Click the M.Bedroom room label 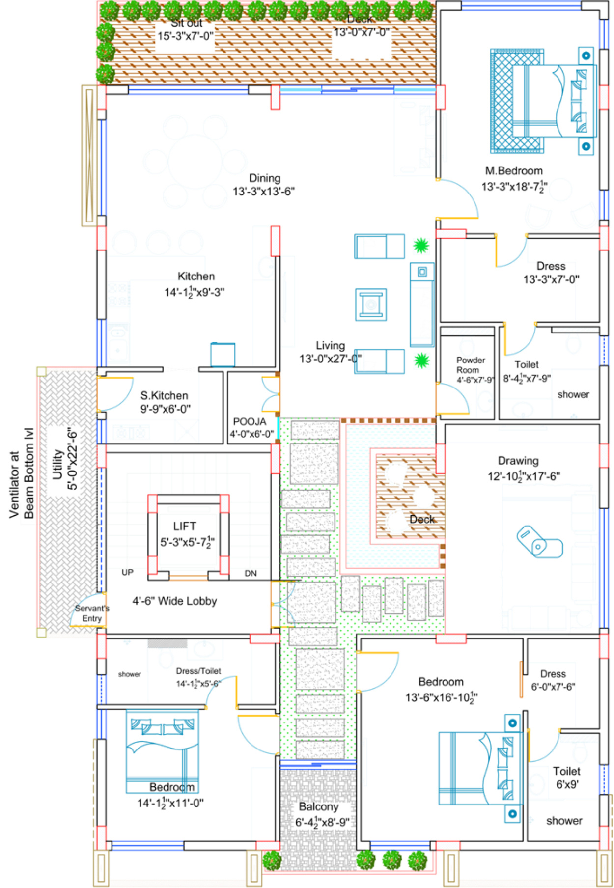pyautogui.click(x=514, y=171)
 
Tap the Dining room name pyautogui.click(x=264, y=178)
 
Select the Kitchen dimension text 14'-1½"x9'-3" pyautogui.click(x=194, y=292)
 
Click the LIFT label pyautogui.click(x=185, y=527)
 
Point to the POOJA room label pyautogui.click(x=250, y=422)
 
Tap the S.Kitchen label pyautogui.click(x=164, y=396)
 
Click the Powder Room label pyautogui.click(x=470, y=365)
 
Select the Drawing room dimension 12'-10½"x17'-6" pyautogui.click(x=524, y=476)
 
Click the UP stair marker pyautogui.click(x=127, y=572)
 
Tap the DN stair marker pyautogui.click(x=251, y=573)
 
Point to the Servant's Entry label pyautogui.click(x=92, y=613)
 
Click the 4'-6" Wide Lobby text pyautogui.click(x=174, y=601)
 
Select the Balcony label pyautogui.click(x=318, y=806)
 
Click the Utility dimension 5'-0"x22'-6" pyautogui.click(x=72, y=459)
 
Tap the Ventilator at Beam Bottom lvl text pyautogui.click(x=22, y=473)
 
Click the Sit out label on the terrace pyautogui.click(x=187, y=23)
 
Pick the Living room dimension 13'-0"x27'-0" pyautogui.click(x=330, y=359)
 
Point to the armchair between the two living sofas pyautogui.click(x=371, y=305)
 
